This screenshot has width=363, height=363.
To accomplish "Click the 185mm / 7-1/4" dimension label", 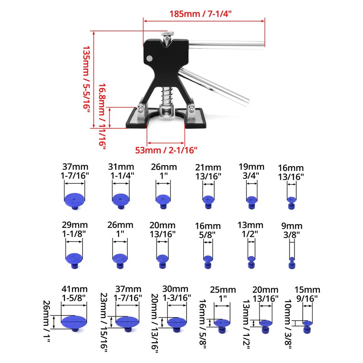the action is pos(201,14).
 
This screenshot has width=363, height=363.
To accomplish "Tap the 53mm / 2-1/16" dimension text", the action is pos(166,150).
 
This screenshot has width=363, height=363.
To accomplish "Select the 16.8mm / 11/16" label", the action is pos(102,116).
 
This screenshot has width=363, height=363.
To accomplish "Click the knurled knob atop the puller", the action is pos(167,34).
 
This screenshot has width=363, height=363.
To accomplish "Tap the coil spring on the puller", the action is pos(167,95).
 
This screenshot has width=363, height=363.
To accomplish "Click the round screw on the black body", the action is pos(150,59).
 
